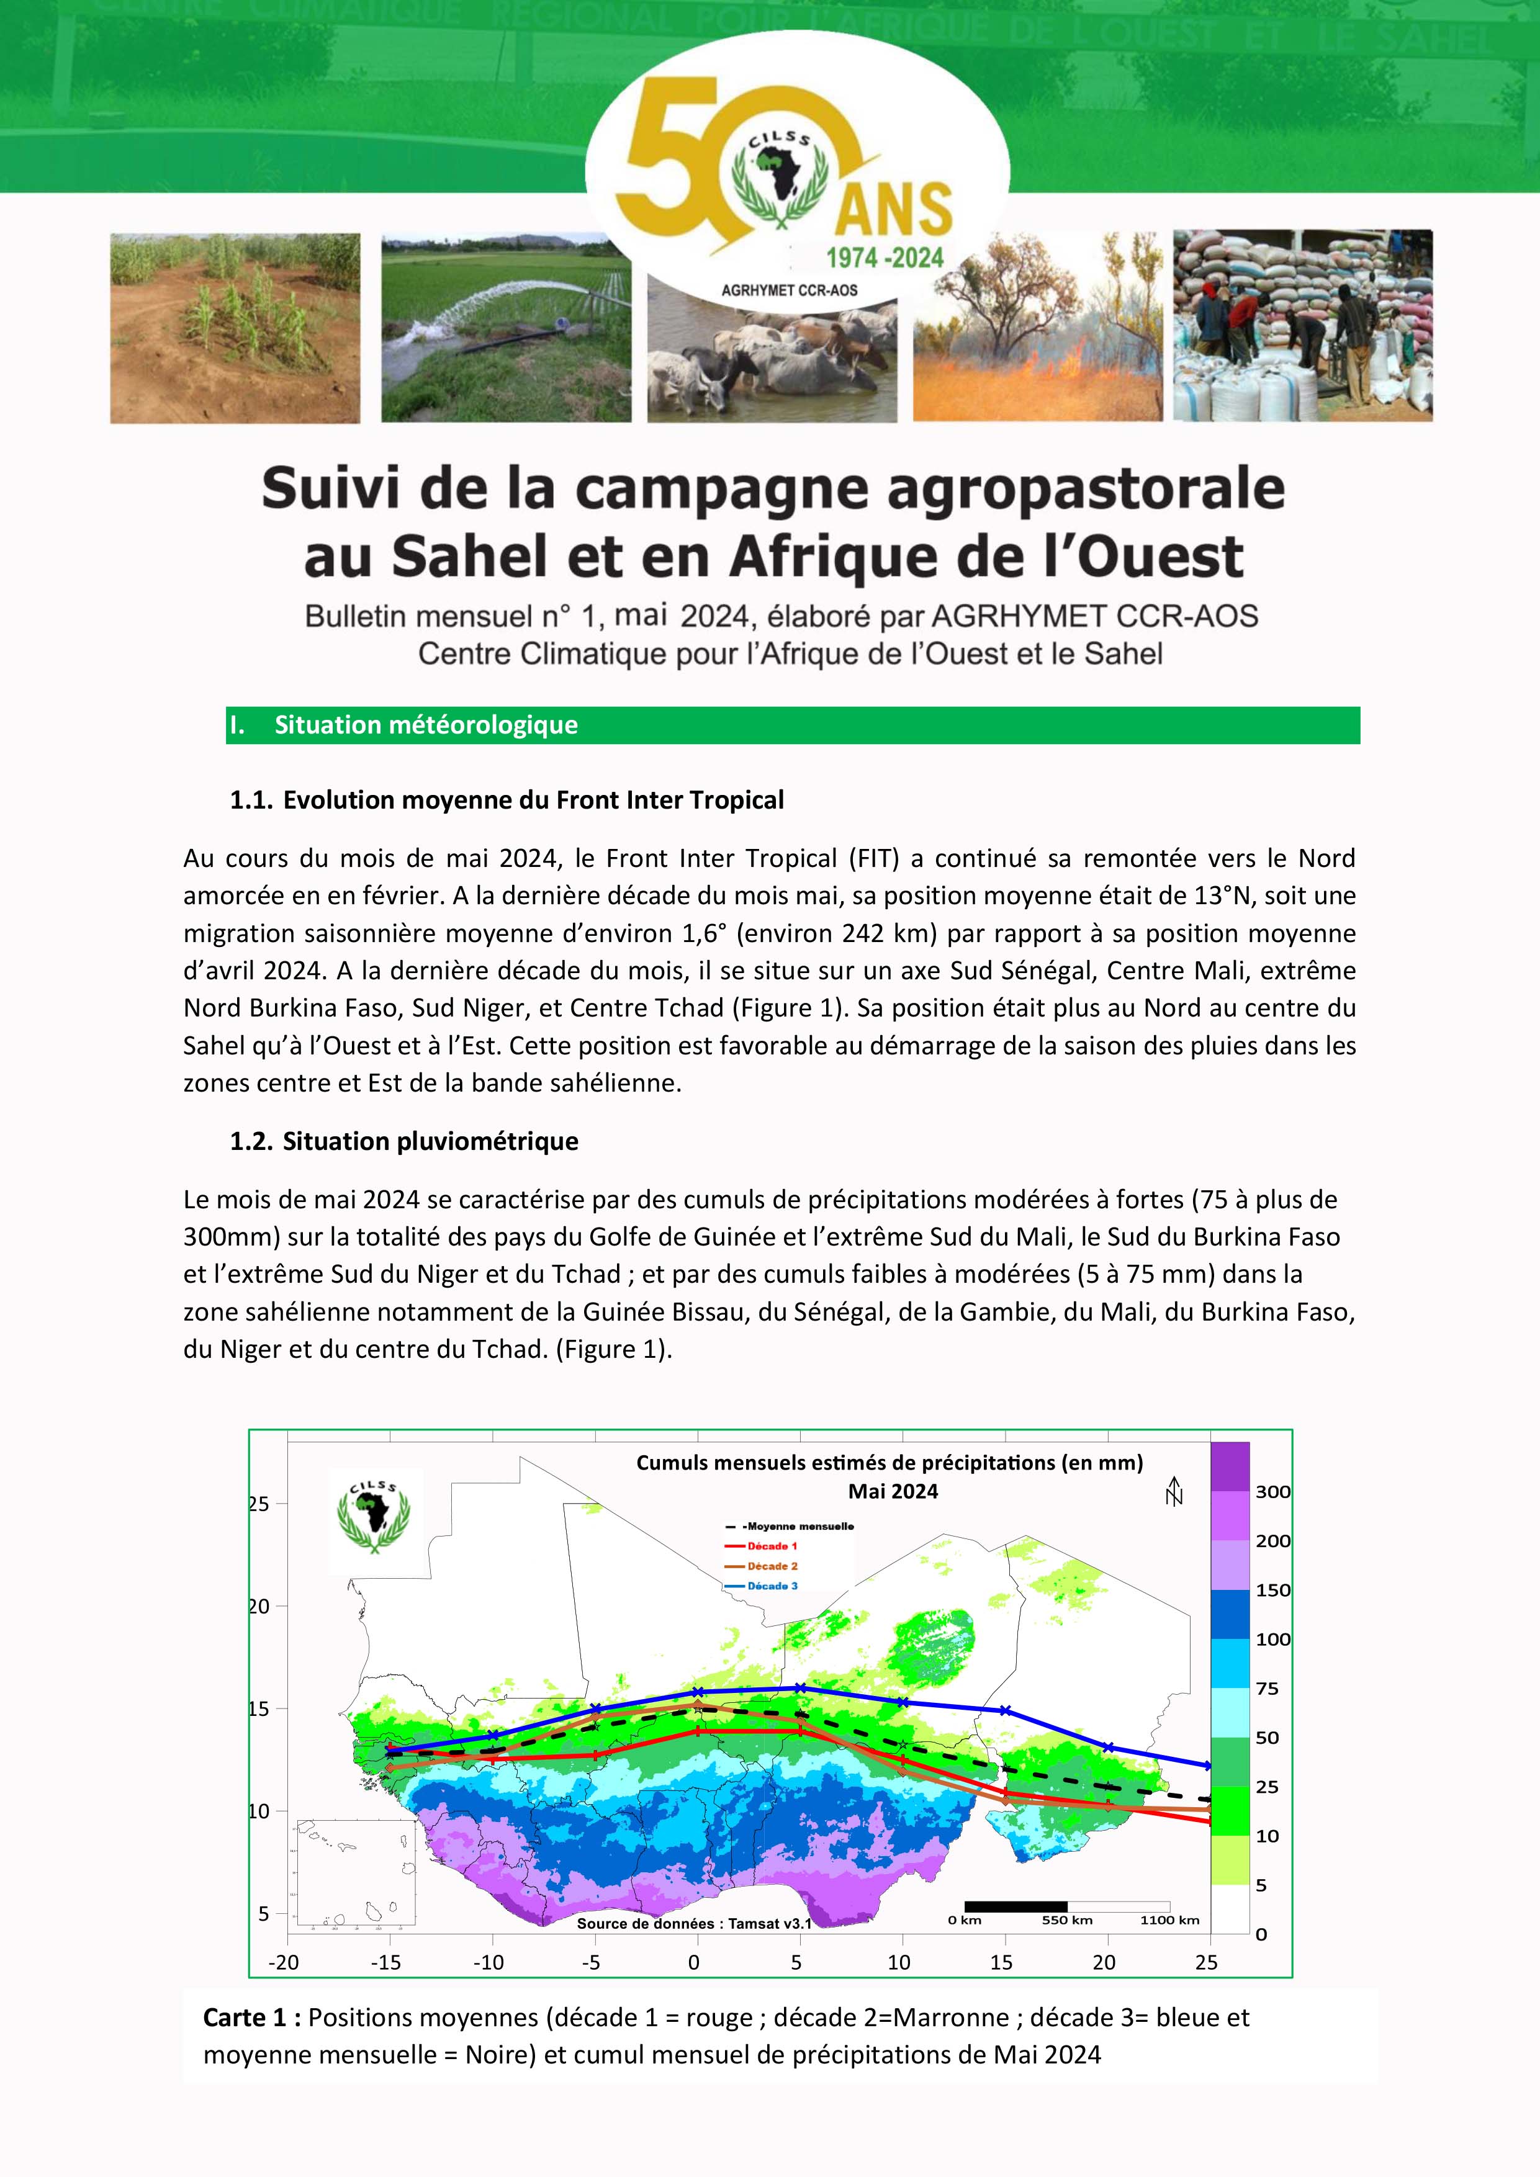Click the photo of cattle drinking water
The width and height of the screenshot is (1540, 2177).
click(x=772, y=365)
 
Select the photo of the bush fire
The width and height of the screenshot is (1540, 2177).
click(x=1037, y=327)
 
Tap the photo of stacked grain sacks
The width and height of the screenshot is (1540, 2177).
click(x=1302, y=325)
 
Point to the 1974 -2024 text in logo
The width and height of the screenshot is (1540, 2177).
click(x=884, y=258)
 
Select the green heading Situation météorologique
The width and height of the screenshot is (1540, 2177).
click(x=426, y=725)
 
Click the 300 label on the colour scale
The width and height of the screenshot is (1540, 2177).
click(x=1272, y=1491)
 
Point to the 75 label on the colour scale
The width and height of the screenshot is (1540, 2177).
click(x=1267, y=1689)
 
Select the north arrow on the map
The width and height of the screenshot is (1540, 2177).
click(x=1174, y=1491)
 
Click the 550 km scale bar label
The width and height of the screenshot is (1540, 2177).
click(x=1067, y=1920)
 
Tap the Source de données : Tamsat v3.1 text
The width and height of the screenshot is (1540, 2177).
click(x=694, y=1924)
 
